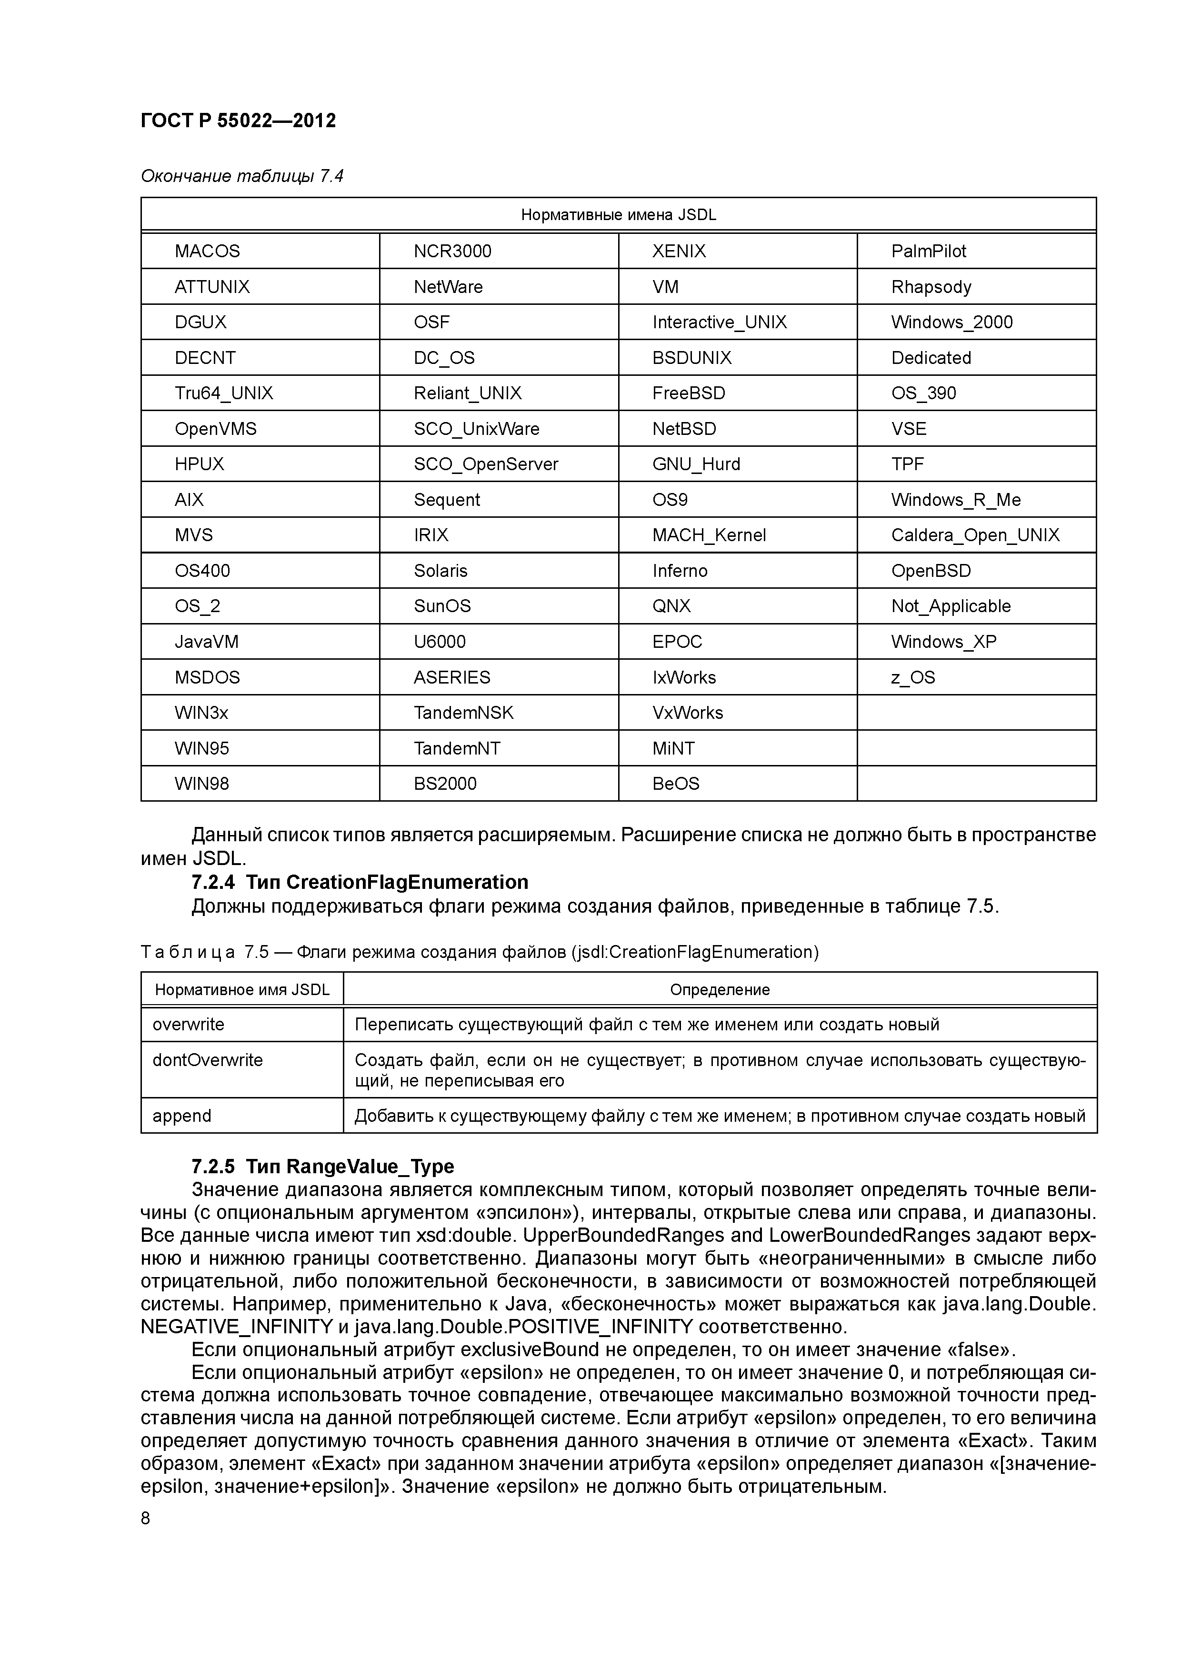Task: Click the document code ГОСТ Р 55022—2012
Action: coord(238,120)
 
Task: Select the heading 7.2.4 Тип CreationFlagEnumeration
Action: coord(360,882)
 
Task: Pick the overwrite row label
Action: coord(189,1024)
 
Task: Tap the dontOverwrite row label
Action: coord(207,1060)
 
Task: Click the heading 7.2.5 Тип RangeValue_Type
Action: coord(322,1166)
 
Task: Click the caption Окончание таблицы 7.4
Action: coord(241,176)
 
